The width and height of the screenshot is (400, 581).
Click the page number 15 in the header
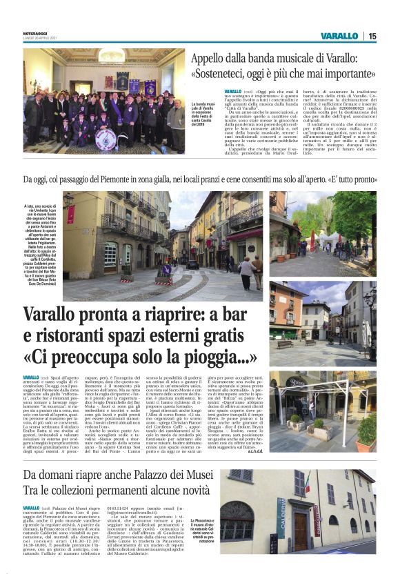pos(372,36)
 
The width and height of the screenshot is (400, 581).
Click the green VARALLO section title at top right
pos(339,36)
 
